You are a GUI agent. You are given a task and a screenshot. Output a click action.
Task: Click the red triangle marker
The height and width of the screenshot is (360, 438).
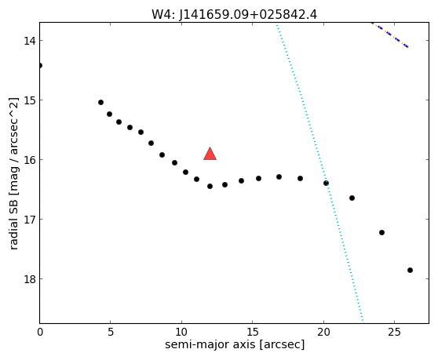pos(210,154)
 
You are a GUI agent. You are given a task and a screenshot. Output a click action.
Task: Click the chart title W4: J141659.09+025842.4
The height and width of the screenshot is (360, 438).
pos(234,14)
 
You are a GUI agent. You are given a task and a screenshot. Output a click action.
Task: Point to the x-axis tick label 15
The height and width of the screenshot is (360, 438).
pos(253,333)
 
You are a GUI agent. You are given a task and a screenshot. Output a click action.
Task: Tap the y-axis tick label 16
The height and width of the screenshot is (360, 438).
pos(30,160)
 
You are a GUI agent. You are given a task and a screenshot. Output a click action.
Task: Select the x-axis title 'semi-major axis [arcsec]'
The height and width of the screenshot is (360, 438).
pos(235,344)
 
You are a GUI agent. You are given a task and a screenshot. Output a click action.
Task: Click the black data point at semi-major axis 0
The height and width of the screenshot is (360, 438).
pos(40,66)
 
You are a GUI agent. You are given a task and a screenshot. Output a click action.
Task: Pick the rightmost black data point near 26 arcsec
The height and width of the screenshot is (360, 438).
pos(410,270)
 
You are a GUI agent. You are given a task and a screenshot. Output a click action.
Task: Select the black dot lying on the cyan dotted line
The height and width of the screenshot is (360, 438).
pos(326,183)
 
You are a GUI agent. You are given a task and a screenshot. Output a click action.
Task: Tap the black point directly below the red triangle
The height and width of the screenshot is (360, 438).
pos(210,186)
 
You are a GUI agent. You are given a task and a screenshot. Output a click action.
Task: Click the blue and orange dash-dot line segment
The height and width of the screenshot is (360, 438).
pos(390,35)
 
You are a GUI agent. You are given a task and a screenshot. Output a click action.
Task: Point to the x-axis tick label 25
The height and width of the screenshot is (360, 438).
pos(394,333)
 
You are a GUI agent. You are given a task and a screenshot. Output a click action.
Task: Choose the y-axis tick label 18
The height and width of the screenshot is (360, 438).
pos(30,279)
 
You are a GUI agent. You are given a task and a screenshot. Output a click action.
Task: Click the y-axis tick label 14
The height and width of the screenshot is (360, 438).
pos(30,41)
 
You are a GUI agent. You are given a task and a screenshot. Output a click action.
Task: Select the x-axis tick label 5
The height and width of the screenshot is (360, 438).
pos(111,333)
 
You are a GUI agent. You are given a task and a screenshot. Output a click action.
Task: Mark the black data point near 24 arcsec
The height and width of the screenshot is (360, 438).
pos(381,232)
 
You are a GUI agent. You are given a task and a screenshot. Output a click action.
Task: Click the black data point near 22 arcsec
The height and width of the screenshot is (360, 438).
pos(352,198)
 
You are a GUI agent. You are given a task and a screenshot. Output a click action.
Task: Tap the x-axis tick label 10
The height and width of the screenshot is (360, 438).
pos(181,333)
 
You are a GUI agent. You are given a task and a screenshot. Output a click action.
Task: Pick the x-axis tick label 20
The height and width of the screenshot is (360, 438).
pos(323,333)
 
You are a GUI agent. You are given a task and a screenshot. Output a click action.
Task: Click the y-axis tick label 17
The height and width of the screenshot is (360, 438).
pos(30,220)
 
